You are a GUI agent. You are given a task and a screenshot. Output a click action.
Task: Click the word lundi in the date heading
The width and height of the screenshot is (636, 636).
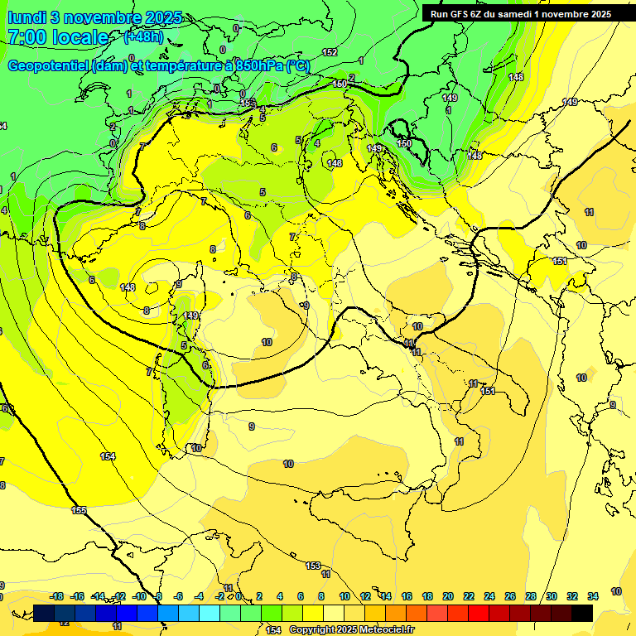click(x=26, y=17)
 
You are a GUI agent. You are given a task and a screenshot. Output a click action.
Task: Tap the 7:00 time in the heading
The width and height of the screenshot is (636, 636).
click(x=26, y=37)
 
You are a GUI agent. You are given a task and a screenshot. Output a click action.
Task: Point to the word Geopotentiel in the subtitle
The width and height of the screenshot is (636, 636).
click(x=48, y=66)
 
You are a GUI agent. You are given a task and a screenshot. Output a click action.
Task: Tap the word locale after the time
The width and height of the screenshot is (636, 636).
click(x=80, y=37)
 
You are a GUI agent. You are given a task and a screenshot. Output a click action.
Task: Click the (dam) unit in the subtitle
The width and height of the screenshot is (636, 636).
click(x=109, y=66)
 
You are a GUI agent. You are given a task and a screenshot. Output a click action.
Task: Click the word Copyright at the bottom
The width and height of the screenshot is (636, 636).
click(x=313, y=630)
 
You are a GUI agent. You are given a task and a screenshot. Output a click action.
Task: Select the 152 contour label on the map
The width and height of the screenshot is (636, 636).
click(x=330, y=52)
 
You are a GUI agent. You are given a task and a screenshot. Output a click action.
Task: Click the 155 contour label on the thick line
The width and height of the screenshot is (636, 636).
click(x=79, y=510)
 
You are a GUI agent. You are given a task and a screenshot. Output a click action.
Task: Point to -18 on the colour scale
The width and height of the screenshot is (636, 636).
click(x=56, y=596)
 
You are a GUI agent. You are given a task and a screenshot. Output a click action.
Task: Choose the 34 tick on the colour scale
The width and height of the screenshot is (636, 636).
click(x=592, y=596)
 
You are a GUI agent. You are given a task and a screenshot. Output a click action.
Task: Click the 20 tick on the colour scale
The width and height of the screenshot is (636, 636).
click(x=448, y=596)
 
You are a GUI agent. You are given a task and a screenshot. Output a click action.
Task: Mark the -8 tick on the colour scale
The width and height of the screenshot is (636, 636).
click(x=158, y=596)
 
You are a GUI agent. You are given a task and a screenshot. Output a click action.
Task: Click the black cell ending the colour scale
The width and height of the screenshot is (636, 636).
click(x=581, y=613)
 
